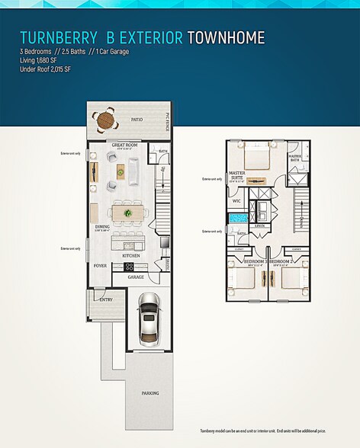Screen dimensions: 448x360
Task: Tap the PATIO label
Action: click(137, 120)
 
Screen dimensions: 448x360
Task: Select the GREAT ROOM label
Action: click(124, 144)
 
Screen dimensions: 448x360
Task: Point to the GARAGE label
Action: click(136, 277)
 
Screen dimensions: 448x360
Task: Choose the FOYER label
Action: click(101, 267)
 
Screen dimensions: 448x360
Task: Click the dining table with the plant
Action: click(126, 213)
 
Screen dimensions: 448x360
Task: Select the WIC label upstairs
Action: click(236, 201)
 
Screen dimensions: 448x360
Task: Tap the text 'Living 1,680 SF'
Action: click(43, 60)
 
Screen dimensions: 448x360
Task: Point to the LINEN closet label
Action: click(259, 226)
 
